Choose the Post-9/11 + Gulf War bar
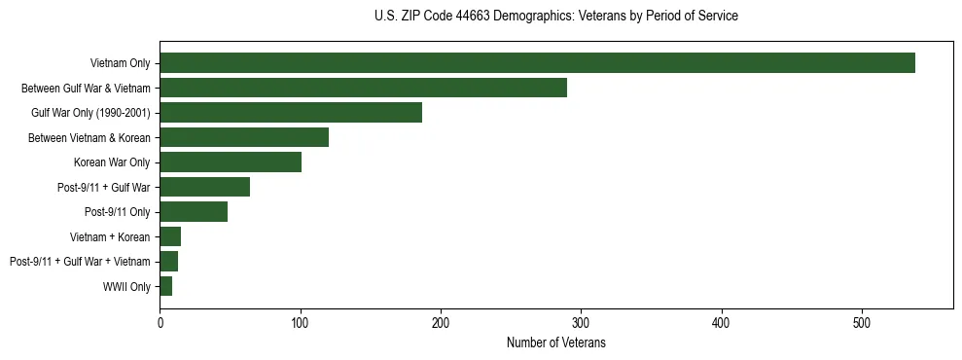(204, 187)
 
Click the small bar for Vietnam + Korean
(170, 236)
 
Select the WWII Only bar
(166, 286)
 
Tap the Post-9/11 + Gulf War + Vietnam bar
(169, 262)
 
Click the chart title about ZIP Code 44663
(555, 17)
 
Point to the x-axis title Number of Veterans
(555, 342)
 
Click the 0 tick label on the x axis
(160, 322)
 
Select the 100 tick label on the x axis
(301, 322)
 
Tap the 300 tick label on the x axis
(581, 322)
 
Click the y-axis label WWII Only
(126, 286)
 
